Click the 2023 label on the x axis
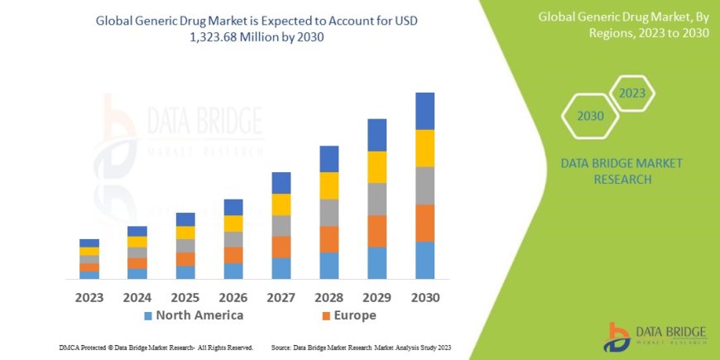tap(89, 296)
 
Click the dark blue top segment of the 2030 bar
tap(425, 111)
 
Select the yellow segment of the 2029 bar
tap(377, 167)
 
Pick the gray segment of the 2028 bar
tap(329, 213)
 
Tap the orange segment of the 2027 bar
tap(281, 247)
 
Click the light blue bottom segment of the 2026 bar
tap(233, 271)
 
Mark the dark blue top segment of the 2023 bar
tap(89, 242)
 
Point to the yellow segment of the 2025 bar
tap(185, 233)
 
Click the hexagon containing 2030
tap(590, 117)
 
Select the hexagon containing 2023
tap(631, 93)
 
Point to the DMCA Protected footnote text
tap(156, 348)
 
